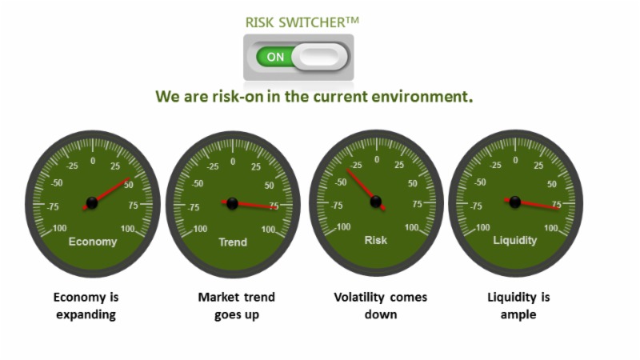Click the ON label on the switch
point(275,57)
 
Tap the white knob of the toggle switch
point(319,57)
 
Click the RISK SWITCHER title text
point(302,22)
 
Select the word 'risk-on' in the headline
point(238,97)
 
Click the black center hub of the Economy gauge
point(92,202)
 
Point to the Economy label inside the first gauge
point(93,242)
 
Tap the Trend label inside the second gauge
point(233,242)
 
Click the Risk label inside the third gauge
point(375,240)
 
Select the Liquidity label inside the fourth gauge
point(514,241)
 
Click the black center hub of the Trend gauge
point(232,203)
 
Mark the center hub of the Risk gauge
point(375,202)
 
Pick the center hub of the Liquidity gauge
point(514,202)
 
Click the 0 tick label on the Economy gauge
point(93,161)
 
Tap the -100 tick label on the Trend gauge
point(198,229)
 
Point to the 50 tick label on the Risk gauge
point(413,184)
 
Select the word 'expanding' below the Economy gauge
point(86,315)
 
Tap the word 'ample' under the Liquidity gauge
point(518,315)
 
